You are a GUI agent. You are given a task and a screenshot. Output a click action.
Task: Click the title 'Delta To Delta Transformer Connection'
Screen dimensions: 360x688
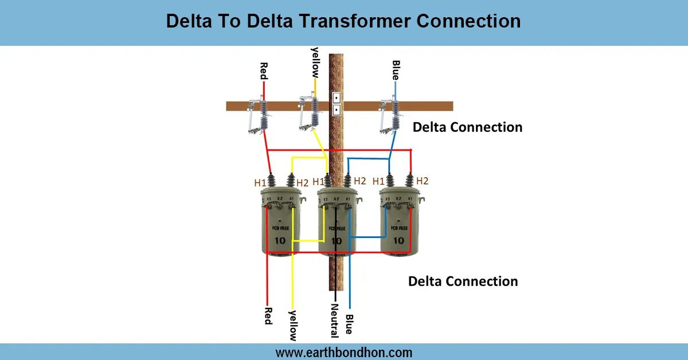click(x=343, y=21)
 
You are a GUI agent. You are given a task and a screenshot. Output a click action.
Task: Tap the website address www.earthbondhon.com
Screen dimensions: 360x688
click(x=343, y=352)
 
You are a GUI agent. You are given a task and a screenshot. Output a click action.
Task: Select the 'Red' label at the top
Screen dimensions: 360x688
click(x=264, y=71)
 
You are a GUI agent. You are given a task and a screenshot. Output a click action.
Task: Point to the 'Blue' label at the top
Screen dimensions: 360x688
click(x=395, y=70)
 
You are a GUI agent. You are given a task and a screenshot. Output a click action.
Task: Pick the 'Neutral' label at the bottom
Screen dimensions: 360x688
click(x=335, y=319)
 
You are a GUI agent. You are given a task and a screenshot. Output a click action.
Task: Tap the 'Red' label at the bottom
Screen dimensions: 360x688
click(x=267, y=315)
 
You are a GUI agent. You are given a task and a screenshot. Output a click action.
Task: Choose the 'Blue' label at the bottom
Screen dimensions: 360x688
click(x=349, y=324)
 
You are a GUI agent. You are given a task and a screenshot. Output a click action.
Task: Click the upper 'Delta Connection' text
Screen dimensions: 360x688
click(x=467, y=127)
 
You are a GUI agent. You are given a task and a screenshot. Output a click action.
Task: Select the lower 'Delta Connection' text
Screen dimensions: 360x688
click(x=463, y=281)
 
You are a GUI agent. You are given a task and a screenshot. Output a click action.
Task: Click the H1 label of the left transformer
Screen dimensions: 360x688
click(x=260, y=183)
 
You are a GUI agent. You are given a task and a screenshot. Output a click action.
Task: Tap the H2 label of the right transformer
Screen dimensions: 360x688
click(x=423, y=181)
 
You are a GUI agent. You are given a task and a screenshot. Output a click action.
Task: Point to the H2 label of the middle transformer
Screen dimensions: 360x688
click(x=359, y=181)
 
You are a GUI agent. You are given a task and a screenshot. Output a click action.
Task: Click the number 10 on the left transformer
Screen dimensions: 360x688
click(x=279, y=240)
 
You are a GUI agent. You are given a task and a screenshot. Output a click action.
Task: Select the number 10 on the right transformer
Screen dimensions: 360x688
click(x=398, y=240)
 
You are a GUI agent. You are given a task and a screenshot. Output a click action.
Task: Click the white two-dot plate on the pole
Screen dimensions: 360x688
click(x=337, y=103)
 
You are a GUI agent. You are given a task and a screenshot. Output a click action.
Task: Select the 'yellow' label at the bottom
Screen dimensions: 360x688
click(x=292, y=325)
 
